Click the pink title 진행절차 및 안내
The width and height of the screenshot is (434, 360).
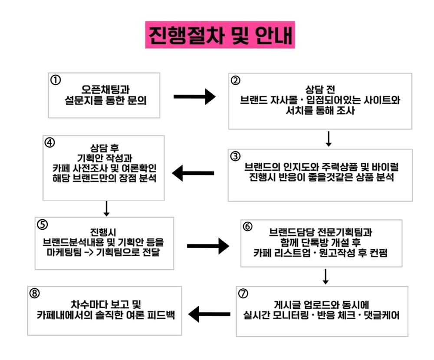pyautogui.click(x=220, y=35)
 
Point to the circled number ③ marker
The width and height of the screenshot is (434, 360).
pyautogui.click(x=235, y=156)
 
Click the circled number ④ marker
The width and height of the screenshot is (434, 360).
pyautogui.click(x=50, y=143)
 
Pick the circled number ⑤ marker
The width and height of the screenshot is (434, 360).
pyautogui.click(x=42, y=225)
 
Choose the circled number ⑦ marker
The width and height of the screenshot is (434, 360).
pyautogui.click(x=243, y=294)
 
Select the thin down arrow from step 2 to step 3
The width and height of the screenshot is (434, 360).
pyautogui.click(x=329, y=139)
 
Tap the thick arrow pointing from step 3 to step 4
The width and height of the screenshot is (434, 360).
pyautogui.click(x=193, y=174)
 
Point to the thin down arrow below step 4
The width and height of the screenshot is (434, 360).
pyautogui.click(x=107, y=208)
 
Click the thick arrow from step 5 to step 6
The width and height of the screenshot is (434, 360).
pyautogui.click(x=208, y=246)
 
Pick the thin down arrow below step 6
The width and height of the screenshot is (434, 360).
pyautogui.click(x=325, y=276)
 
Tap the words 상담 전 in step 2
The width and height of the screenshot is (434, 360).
pyautogui.click(x=320, y=89)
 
